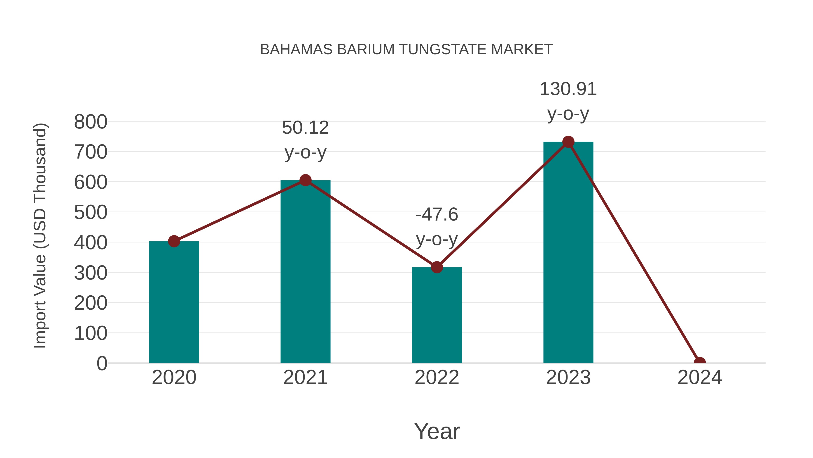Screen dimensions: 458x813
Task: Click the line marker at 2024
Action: (699, 362)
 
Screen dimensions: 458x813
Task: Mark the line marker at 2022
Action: (437, 267)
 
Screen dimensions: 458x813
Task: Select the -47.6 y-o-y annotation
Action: (437, 227)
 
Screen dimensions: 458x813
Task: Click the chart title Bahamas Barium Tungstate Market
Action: (406, 50)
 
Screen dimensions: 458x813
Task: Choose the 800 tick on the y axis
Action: (91, 122)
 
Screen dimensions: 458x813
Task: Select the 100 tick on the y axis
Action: (91, 333)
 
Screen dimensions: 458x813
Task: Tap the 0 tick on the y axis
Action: (102, 363)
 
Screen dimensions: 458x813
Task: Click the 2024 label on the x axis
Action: (699, 377)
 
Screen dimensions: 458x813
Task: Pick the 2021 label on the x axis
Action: (305, 377)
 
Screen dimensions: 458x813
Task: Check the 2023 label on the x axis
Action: (568, 377)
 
